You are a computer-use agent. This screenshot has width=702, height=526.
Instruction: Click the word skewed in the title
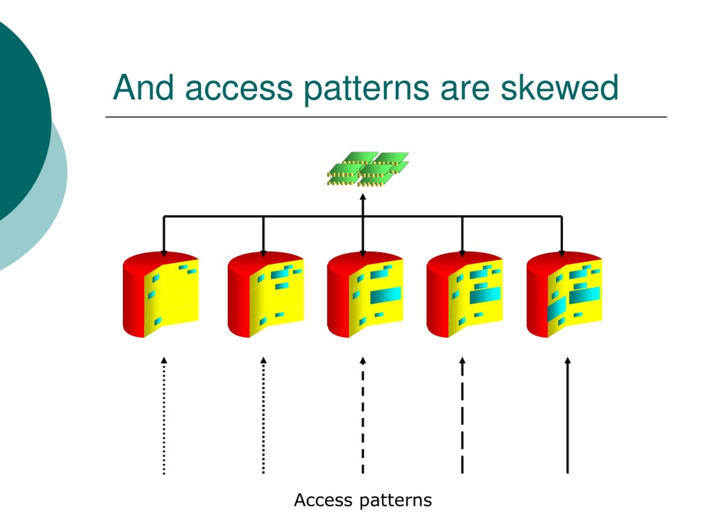[559, 87]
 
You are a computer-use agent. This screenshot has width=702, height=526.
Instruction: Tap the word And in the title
[143, 87]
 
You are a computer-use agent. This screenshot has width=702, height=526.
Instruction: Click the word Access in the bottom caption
[323, 500]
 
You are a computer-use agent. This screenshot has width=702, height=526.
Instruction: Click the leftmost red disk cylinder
[161, 295]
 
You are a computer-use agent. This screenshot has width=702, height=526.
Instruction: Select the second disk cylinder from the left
[266, 295]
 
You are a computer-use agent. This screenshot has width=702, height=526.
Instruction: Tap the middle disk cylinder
[365, 295]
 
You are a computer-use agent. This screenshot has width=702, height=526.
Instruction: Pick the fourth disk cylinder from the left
[465, 295]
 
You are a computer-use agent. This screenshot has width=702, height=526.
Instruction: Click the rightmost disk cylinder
[564, 295]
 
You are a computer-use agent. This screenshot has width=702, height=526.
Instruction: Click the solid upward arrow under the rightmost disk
[568, 415]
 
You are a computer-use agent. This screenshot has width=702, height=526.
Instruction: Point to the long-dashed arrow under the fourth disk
[462, 415]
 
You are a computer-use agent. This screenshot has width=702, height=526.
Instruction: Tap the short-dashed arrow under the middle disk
[363, 415]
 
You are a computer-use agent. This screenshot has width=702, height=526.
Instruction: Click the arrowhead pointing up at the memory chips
[363, 197]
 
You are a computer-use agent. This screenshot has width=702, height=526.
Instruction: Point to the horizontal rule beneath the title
[386, 117]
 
